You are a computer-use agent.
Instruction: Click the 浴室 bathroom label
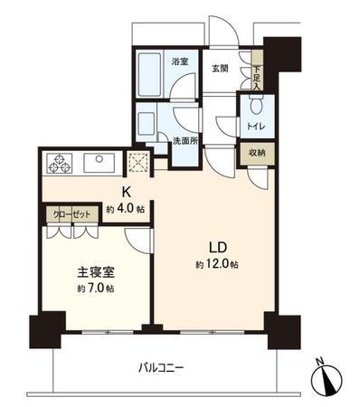[179, 62]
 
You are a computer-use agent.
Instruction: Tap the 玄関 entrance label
[220, 67]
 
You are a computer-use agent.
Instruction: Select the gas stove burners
[61, 165]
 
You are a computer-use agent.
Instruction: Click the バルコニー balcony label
[162, 367]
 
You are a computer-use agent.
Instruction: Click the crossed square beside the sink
[140, 163]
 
